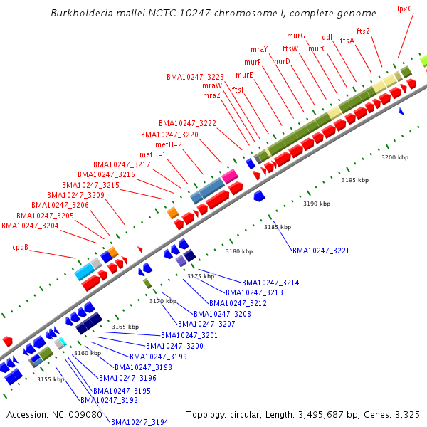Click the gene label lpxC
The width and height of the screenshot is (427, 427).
pos(405,9)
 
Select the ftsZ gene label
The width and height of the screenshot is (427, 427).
pos(363,31)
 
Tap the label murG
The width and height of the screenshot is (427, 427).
pos(296,36)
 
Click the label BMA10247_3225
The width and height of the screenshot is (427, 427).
pos(195,77)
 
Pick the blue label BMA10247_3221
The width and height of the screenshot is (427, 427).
pos(321,251)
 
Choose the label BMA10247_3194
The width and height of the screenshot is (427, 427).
pos(139,422)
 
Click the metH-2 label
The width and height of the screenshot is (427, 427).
pos(169,144)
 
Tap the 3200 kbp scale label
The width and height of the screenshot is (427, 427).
pos(395,157)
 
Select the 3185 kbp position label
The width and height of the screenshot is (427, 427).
pos(278,227)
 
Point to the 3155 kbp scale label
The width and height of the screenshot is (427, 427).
pos(51,379)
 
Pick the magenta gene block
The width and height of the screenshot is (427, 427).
pos(229,176)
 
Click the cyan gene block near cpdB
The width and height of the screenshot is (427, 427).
pos(85,271)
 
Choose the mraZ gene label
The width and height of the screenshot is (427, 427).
pos(211,95)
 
